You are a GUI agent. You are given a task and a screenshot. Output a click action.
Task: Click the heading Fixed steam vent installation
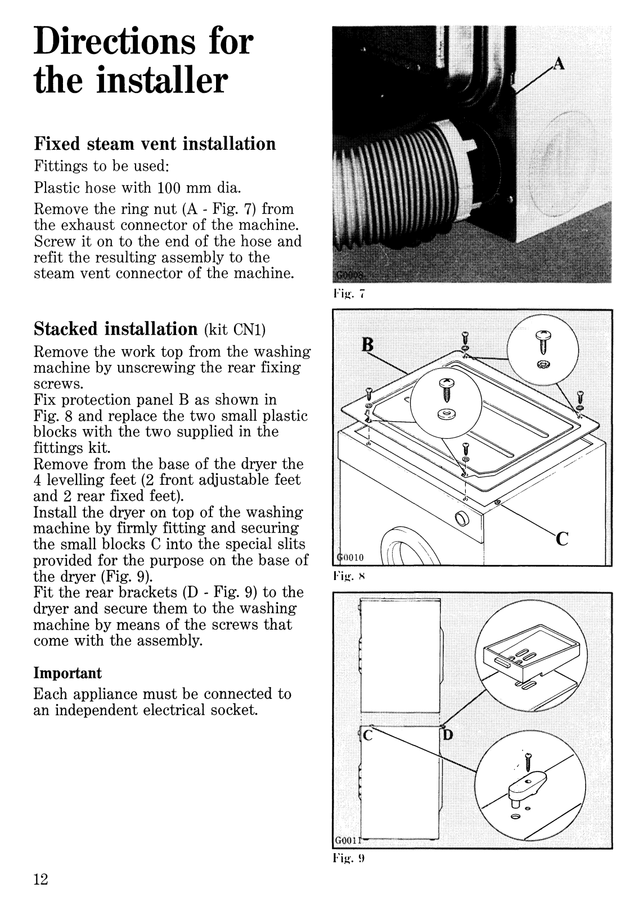(155, 144)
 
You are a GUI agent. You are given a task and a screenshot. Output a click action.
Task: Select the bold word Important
(68, 673)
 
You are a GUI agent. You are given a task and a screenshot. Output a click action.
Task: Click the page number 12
(41, 879)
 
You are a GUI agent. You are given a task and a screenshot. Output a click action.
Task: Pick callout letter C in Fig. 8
(562, 539)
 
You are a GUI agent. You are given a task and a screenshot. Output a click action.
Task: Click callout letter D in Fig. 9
(448, 735)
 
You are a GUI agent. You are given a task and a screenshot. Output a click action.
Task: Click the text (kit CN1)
(232, 329)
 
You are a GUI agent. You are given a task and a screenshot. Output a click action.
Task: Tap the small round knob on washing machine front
(461, 518)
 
